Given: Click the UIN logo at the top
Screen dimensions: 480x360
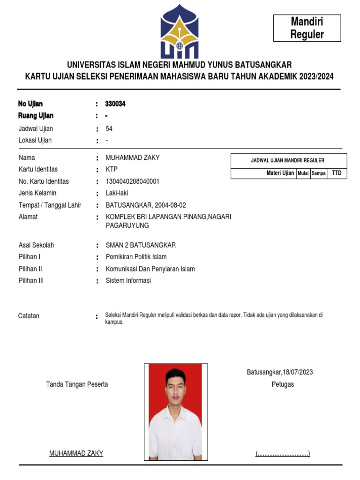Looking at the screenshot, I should point(179,31).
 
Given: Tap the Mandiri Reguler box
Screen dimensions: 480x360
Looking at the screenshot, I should point(307,28).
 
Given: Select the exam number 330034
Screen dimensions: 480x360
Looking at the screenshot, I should point(116,104).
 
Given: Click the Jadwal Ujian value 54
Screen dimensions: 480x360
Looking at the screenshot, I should point(109,128).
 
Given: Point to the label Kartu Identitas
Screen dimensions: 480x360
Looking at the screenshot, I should point(38,169).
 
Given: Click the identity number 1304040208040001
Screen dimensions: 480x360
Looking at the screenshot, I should point(133,181).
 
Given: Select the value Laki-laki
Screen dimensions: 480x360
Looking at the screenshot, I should point(117,193).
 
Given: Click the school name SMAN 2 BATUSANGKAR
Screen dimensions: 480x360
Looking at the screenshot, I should point(141,245).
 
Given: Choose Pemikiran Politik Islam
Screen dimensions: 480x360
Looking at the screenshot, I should point(136,257).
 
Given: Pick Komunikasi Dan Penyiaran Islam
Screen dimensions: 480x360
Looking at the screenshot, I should point(150,269).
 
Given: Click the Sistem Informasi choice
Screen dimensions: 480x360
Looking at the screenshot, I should point(128,281).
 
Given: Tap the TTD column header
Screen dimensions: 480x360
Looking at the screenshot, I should point(337,173).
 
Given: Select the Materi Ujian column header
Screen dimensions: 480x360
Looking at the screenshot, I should point(280,173).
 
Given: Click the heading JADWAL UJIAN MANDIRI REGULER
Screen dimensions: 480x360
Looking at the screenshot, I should point(288,161).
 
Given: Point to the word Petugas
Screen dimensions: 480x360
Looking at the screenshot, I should point(283,384).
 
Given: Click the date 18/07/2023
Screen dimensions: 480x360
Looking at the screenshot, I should point(298,372).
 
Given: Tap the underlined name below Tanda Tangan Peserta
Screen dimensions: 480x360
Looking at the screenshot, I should point(76,453).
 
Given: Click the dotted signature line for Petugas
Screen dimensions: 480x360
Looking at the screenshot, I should point(283,453).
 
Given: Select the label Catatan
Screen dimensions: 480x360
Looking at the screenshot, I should point(29,316).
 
